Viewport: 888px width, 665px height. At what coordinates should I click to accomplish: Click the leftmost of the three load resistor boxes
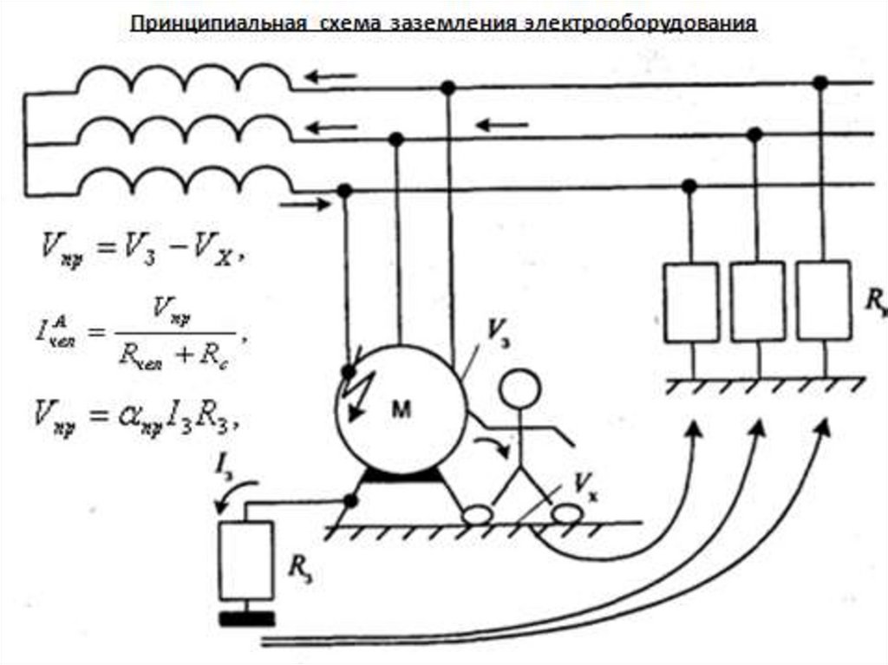click(x=691, y=302)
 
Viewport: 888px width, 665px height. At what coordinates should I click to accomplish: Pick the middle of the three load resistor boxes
click(x=756, y=302)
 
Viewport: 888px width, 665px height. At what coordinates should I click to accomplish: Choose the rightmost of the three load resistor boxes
click(x=822, y=302)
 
